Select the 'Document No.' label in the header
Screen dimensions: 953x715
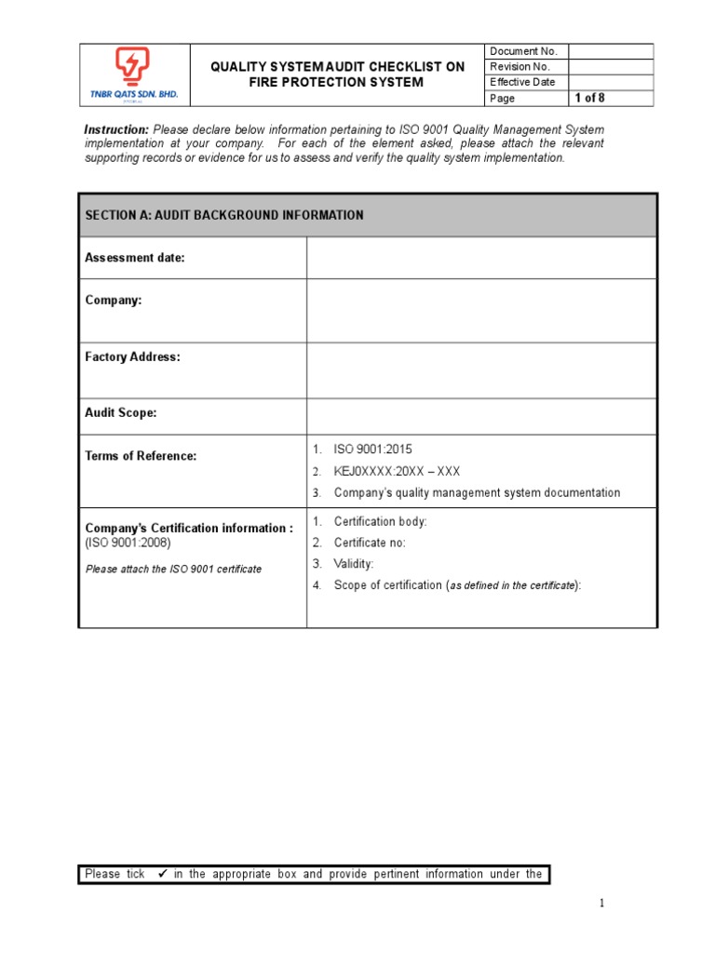click(x=523, y=52)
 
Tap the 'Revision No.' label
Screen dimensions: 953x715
click(x=520, y=67)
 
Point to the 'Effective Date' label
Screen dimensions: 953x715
click(x=522, y=83)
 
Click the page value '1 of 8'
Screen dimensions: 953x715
click(x=589, y=99)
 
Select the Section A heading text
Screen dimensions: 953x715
click(x=224, y=216)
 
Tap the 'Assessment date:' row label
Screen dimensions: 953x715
click(x=135, y=259)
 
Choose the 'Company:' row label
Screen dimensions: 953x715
click(x=114, y=302)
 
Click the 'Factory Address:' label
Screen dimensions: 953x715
click(x=133, y=357)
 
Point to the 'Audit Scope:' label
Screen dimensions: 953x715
click(x=121, y=413)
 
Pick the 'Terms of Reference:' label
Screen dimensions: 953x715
click(x=141, y=457)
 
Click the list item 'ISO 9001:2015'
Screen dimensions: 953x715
click(x=372, y=450)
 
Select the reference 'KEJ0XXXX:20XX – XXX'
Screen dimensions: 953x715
click(x=397, y=472)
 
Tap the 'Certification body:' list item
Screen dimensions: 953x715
click(x=381, y=522)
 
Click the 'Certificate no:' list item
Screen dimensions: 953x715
click(x=370, y=544)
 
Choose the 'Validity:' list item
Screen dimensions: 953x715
click(x=354, y=565)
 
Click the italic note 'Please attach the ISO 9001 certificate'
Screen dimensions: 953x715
click(x=173, y=570)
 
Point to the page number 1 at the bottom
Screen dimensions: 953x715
click(x=602, y=904)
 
